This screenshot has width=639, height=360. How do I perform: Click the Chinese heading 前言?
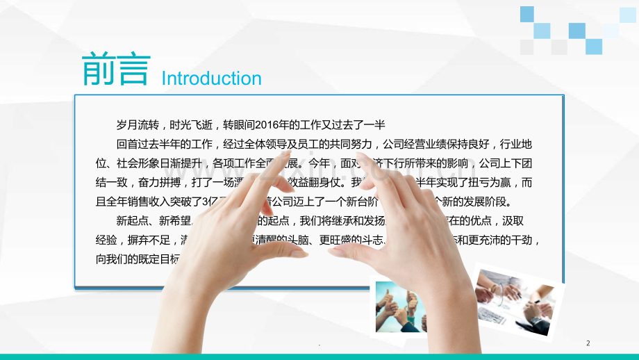click(115, 69)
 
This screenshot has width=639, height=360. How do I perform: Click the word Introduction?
click(211, 79)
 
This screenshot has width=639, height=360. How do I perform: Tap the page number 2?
click(588, 343)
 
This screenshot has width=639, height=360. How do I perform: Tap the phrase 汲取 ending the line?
click(525, 222)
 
